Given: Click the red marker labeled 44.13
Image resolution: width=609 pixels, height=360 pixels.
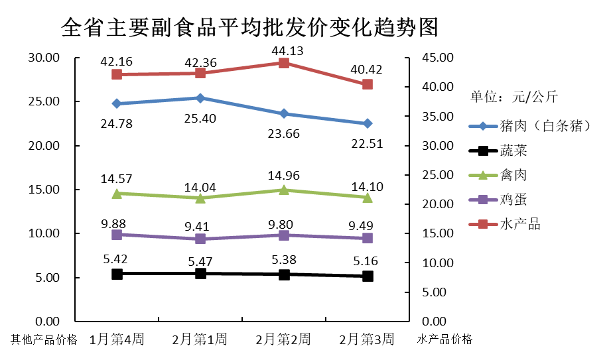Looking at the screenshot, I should pyautogui.click(x=284, y=63).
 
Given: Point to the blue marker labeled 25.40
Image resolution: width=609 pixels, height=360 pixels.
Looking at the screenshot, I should pyautogui.click(x=200, y=98).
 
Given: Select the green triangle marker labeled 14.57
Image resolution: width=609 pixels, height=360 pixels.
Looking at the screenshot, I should pyautogui.click(x=117, y=194).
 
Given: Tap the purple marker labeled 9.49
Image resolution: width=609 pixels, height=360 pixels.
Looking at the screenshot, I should pyautogui.click(x=368, y=238).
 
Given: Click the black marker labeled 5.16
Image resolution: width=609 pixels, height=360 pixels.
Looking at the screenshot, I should pyautogui.click(x=368, y=276).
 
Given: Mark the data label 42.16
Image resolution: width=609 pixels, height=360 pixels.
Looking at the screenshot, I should pyautogui.click(x=117, y=62).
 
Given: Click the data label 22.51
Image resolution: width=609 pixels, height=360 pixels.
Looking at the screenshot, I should pyautogui.click(x=366, y=143).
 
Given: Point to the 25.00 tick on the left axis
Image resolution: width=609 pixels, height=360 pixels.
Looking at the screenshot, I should pyautogui.click(x=44, y=101).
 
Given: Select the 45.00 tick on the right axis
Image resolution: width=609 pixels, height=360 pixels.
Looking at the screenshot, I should pyautogui.click(x=437, y=58).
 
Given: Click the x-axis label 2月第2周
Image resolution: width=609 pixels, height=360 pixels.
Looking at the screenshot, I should pyautogui.click(x=283, y=339).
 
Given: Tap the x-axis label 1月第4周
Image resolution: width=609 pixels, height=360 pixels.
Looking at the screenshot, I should pyautogui.click(x=117, y=339).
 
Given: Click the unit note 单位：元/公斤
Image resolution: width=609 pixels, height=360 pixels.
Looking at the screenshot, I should pyautogui.click(x=514, y=97).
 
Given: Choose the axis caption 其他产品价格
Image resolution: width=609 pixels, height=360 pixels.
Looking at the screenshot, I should pyautogui.click(x=44, y=340).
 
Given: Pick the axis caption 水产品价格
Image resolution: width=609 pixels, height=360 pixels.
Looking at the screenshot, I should pyautogui.click(x=445, y=339).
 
